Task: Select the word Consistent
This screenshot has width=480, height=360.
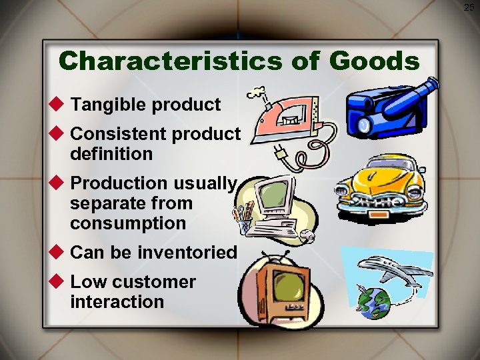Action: pyautogui.click(x=119, y=133)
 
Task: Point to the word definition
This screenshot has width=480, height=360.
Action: pyautogui.click(x=111, y=154)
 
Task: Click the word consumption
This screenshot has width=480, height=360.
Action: pyautogui.click(x=128, y=223)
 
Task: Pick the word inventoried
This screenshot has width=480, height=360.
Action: pyautogui.click(x=187, y=253)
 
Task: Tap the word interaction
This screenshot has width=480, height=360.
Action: pyautogui.click(x=117, y=301)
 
